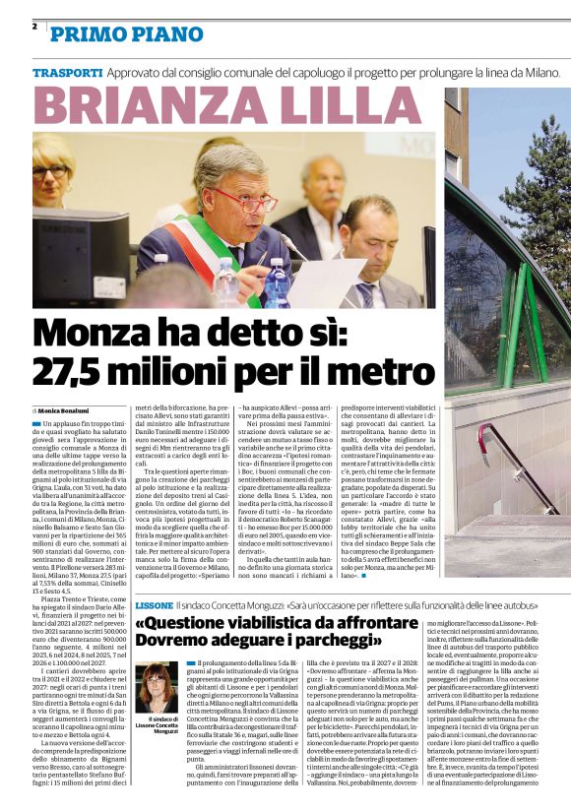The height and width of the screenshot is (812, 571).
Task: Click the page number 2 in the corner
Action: pyautogui.click(x=34, y=27)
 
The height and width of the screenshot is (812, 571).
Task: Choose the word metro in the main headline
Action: pyautogui.click(x=373, y=372)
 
